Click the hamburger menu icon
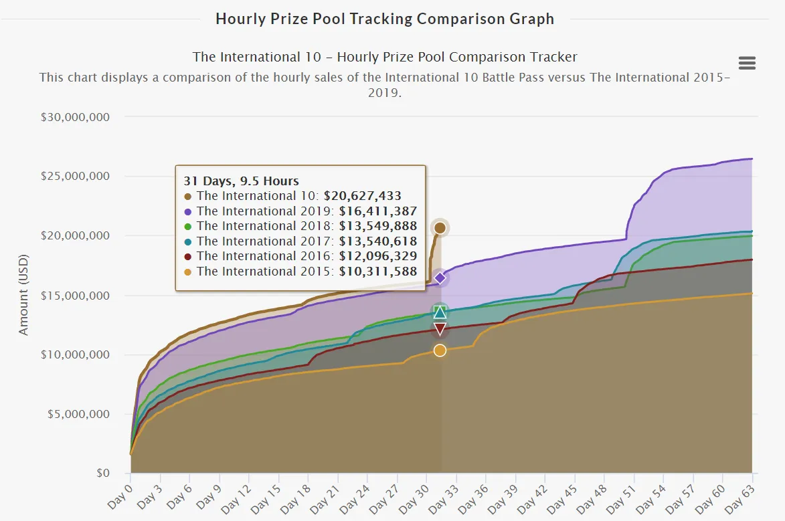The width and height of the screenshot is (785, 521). pyautogui.click(x=747, y=63)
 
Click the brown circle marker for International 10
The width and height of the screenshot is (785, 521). pyautogui.click(x=440, y=228)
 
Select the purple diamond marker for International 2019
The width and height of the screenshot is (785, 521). pyautogui.click(x=440, y=278)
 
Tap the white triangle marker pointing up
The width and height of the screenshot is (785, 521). pyautogui.click(x=440, y=312)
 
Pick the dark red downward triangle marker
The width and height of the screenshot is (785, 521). pyautogui.click(x=440, y=329)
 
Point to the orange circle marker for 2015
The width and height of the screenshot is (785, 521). pyautogui.click(x=440, y=350)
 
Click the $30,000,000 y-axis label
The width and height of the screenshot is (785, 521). pyautogui.click(x=75, y=117)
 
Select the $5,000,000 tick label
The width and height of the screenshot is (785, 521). pyautogui.click(x=78, y=414)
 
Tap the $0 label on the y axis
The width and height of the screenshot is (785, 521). pyautogui.click(x=103, y=473)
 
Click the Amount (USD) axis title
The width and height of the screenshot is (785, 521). pyautogui.click(x=23, y=295)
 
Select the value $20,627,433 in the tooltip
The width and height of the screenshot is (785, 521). pyautogui.click(x=363, y=196)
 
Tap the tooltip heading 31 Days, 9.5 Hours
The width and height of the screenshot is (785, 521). pyautogui.click(x=242, y=181)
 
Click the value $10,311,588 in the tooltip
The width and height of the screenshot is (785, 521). pyautogui.click(x=378, y=272)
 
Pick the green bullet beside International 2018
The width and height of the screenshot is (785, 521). pyautogui.click(x=188, y=227)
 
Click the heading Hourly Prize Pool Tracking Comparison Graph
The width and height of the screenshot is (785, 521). pyautogui.click(x=385, y=19)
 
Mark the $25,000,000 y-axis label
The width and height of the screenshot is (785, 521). pyautogui.click(x=75, y=176)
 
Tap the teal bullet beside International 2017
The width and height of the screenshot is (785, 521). pyautogui.click(x=188, y=241)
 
